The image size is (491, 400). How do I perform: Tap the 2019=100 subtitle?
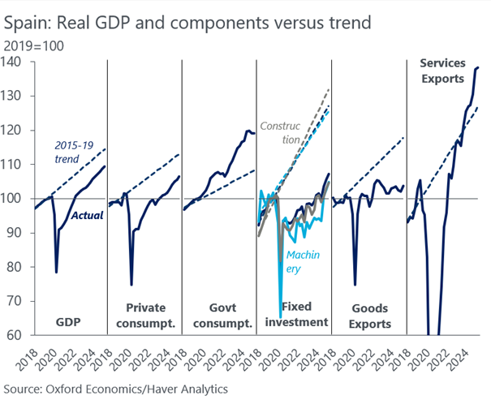(34, 46)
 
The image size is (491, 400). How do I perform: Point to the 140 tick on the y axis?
(15, 62)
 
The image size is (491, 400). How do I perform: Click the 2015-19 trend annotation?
(72, 152)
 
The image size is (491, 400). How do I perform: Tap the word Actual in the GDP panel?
(87, 216)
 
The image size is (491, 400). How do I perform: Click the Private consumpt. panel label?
(144, 315)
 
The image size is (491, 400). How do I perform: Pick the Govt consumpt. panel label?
(218, 315)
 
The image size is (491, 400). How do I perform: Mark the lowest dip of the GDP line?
(56, 272)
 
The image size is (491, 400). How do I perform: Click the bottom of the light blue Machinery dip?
(281, 316)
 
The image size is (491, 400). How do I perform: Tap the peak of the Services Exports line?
(478, 67)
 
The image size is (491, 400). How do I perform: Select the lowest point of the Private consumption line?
(131, 284)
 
